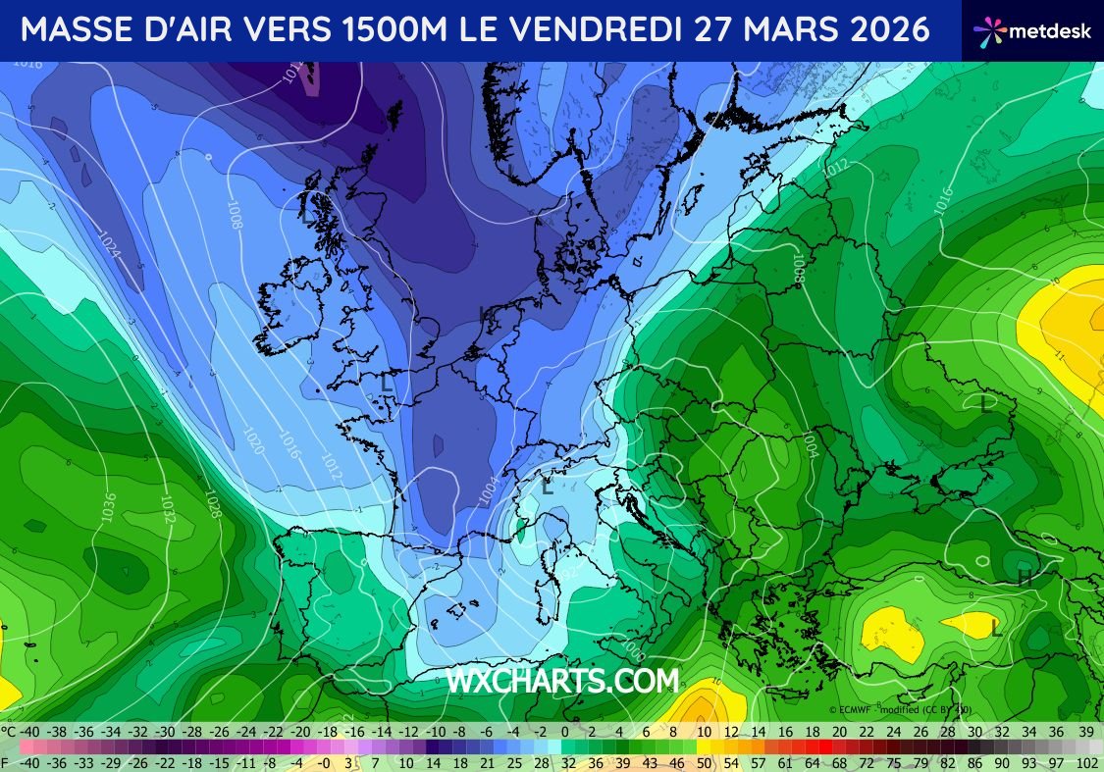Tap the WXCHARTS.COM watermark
(562, 681)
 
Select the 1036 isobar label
(107, 505)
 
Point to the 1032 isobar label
(168, 507)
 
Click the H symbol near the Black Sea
(1025, 578)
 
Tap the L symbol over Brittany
(387, 385)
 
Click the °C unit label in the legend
(8, 732)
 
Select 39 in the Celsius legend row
(1085, 732)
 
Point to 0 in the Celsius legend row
(565, 732)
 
